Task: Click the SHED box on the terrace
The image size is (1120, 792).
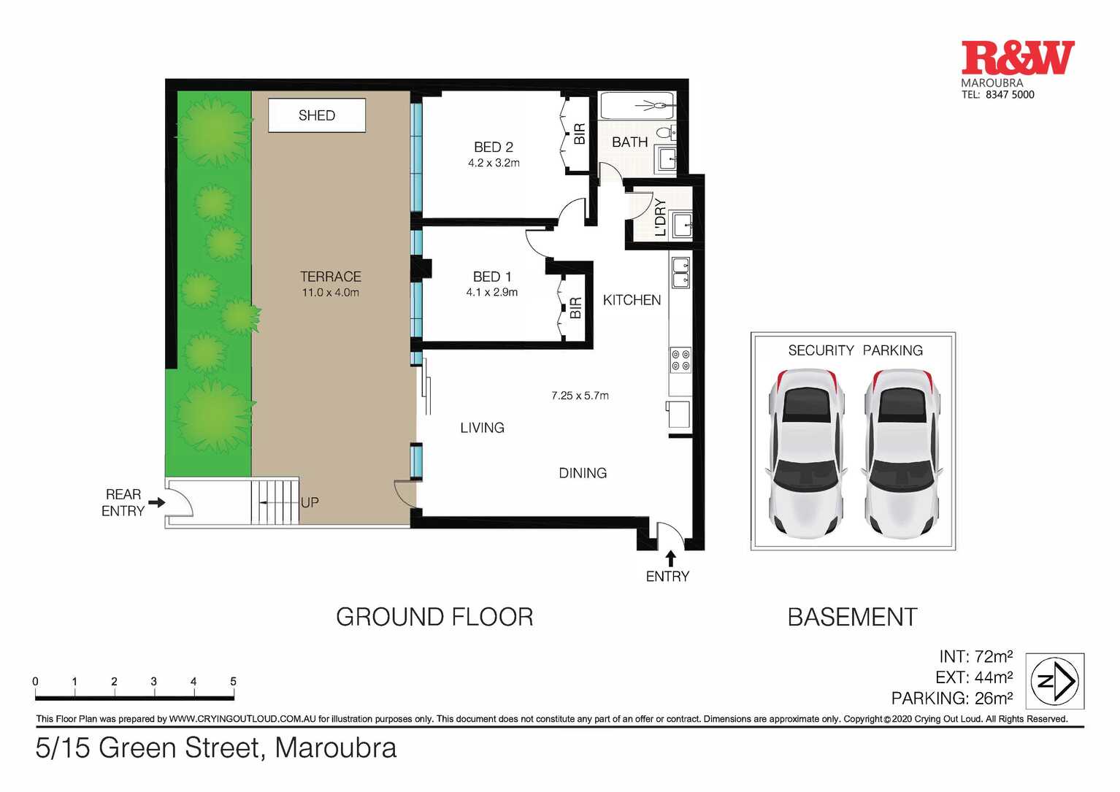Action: [x=316, y=115]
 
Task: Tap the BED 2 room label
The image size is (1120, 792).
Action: [x=494, y=147]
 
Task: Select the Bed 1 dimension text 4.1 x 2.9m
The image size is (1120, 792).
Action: [x=492, y=292]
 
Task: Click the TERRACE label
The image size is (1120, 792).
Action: [x=331, y=277]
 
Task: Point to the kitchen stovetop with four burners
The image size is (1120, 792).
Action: [x=680, y=360]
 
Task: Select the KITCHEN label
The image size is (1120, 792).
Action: [x=632, y=300]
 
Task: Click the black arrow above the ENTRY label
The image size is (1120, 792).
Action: [x=671, y=558]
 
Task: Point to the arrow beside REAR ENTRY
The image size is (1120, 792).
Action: [x=156, y=502]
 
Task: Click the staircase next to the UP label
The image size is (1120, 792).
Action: [x=275, y=501]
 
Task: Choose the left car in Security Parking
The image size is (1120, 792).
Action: [x=806, y=453]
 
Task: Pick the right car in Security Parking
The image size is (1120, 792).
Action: [x=902, y=453]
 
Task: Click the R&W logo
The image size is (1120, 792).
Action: [x=1018, y=58]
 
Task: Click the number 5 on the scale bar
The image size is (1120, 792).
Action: [x=233, y=682]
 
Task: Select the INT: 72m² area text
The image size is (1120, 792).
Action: [x=976, y=656]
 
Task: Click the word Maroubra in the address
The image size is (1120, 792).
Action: [x=336, y=748]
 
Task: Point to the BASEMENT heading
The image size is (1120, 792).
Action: [x=852, y=617]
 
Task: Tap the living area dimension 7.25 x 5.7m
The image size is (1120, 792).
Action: [x=580, y=396]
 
